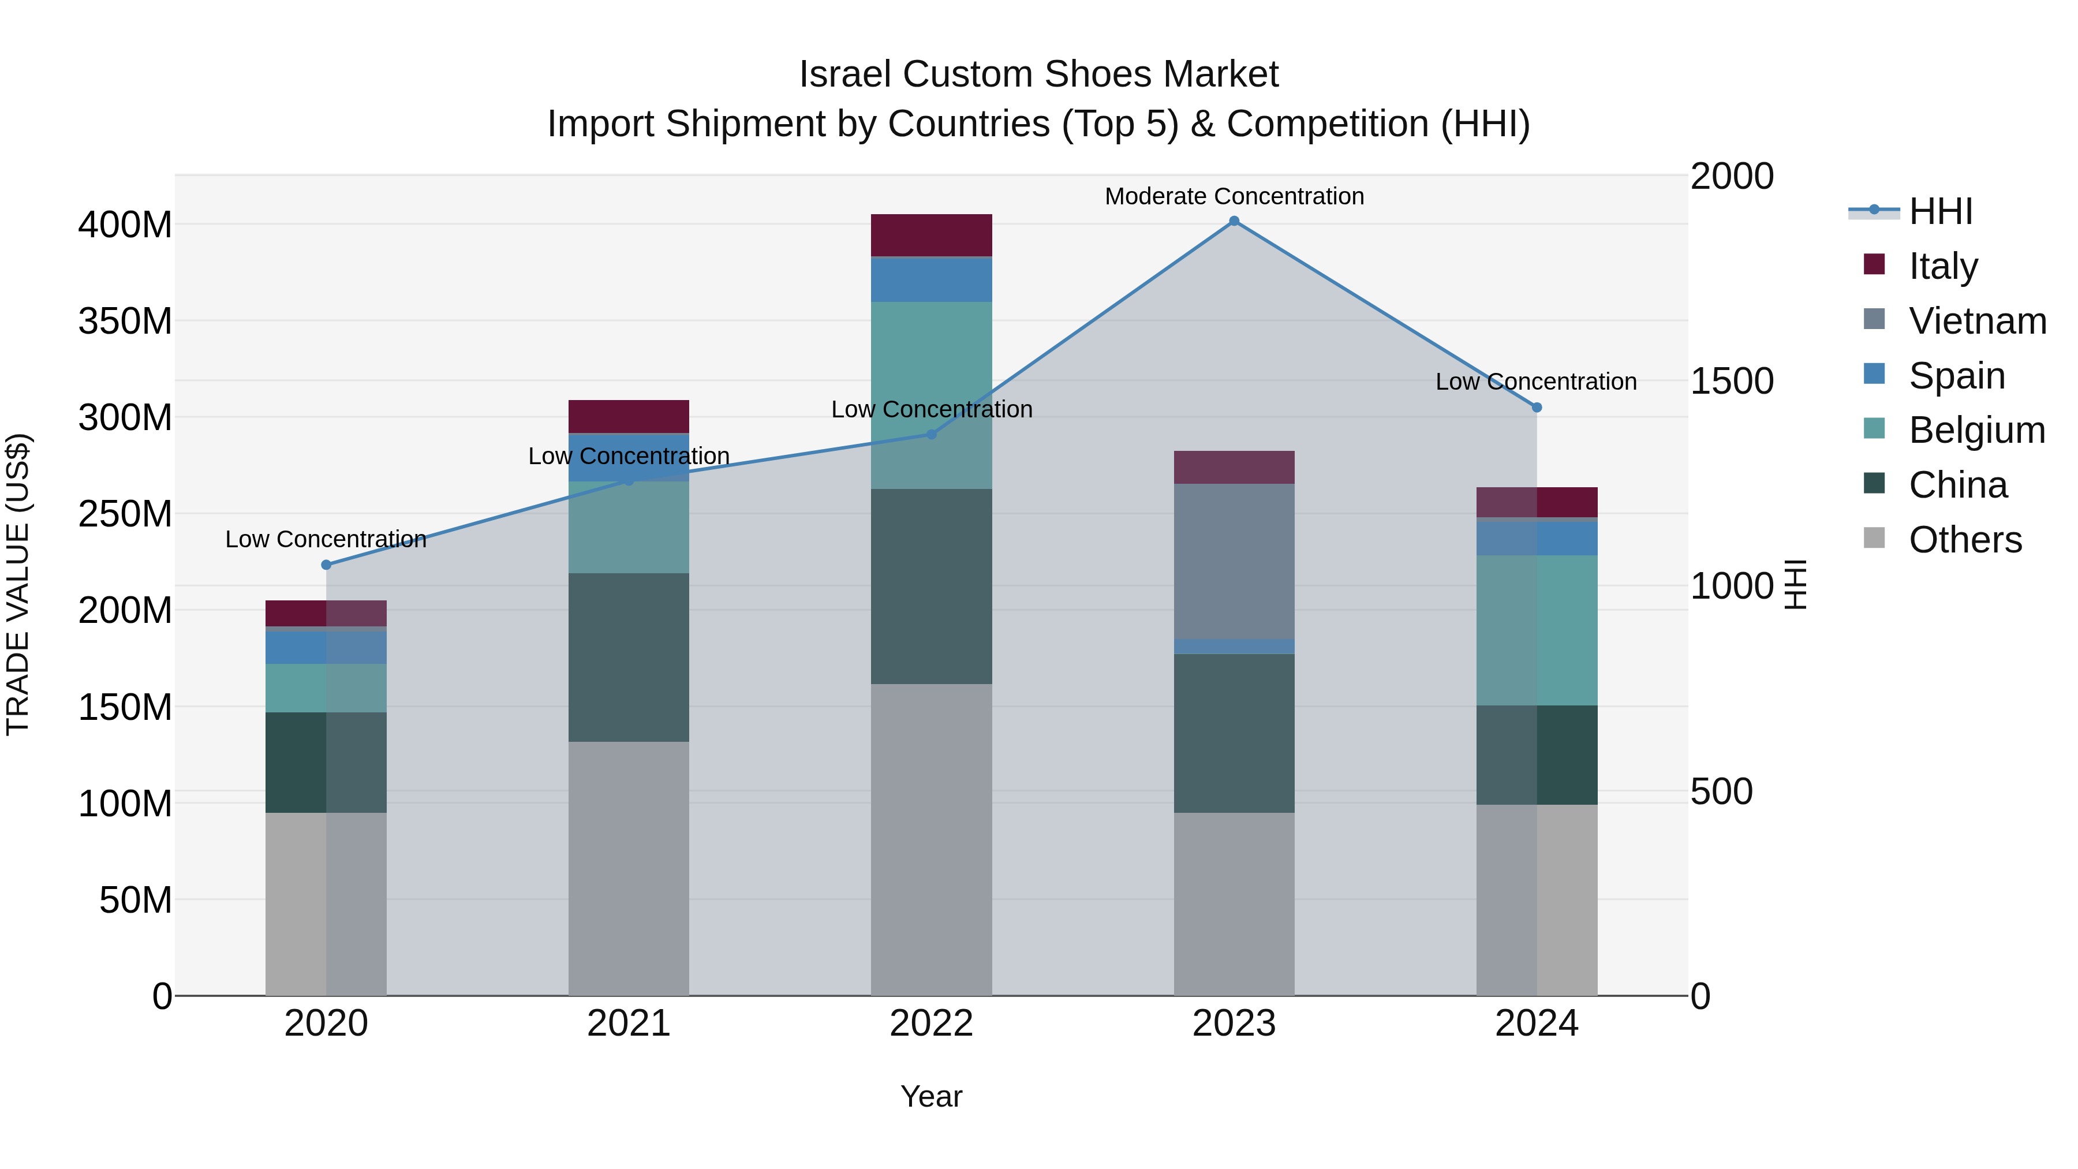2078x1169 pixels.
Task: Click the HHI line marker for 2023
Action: [1234, 221]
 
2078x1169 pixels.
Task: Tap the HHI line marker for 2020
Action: [326, 565]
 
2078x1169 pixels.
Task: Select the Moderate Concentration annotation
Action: [1234, 196]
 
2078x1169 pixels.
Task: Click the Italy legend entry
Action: [1942, 266]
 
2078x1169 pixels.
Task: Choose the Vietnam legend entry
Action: [1976, 320]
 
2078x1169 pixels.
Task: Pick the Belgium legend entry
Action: [1976, 430]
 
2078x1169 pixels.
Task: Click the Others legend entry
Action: [1964, 540]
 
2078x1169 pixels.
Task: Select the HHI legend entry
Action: [1940, 211]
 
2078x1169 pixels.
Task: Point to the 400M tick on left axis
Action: [125, 225]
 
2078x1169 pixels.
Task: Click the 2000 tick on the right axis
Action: [1731, 176]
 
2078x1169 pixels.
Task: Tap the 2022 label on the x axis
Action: [931, 1024]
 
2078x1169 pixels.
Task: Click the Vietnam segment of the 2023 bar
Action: [1234, 561]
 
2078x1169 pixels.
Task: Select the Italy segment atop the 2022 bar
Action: [931, 235]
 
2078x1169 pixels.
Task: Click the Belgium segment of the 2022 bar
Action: [931, 395]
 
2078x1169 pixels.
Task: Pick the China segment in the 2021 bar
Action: [629, 658]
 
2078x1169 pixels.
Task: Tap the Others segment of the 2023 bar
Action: [1234, 903]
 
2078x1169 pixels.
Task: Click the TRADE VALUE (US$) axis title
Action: [18, 585]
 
